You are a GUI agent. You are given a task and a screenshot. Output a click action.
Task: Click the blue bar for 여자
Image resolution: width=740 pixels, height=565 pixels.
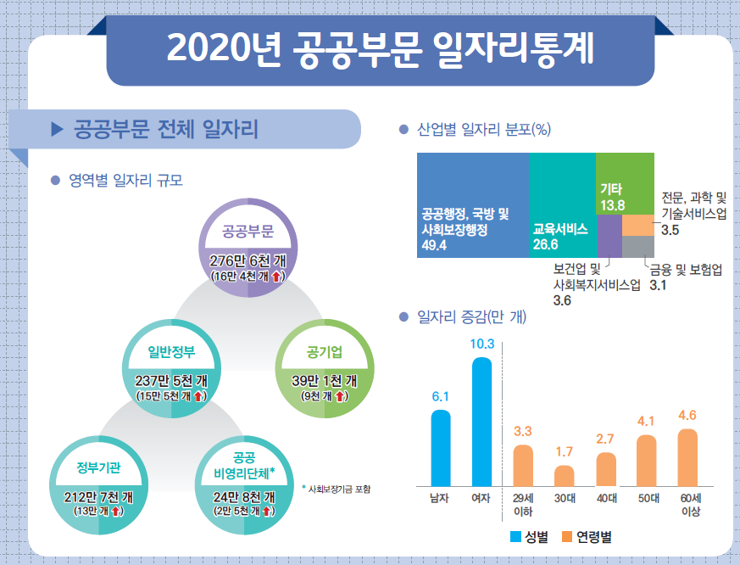(x=481, y=420)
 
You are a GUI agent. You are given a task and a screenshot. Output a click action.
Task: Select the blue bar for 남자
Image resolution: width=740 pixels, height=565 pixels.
(x=441, y=446)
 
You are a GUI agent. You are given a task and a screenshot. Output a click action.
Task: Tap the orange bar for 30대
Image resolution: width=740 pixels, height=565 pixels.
(x=565, y=474)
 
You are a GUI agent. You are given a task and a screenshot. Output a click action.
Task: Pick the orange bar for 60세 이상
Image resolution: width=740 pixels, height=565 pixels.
(x=687, y=456)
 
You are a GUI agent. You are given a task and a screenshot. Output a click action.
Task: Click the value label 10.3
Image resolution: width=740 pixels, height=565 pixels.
(x=481, y=344)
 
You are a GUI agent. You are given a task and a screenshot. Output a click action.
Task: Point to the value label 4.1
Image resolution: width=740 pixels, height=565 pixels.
(x=646, y=421)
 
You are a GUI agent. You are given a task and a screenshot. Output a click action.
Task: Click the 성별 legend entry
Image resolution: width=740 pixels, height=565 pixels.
(x=530, y=537)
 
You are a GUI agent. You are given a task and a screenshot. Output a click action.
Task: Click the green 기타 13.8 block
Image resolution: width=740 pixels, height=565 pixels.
(x=625, y=184)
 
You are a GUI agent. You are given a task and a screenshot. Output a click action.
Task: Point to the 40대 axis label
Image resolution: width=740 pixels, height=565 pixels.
(x=605, y=499)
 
